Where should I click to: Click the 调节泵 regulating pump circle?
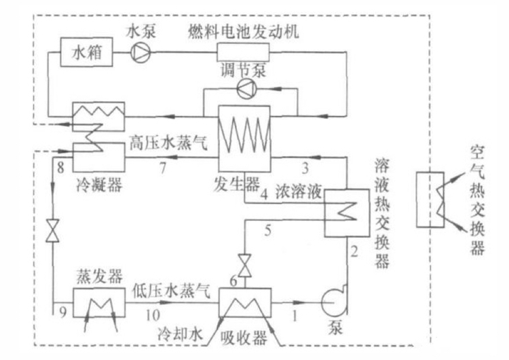pos(243,88)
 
